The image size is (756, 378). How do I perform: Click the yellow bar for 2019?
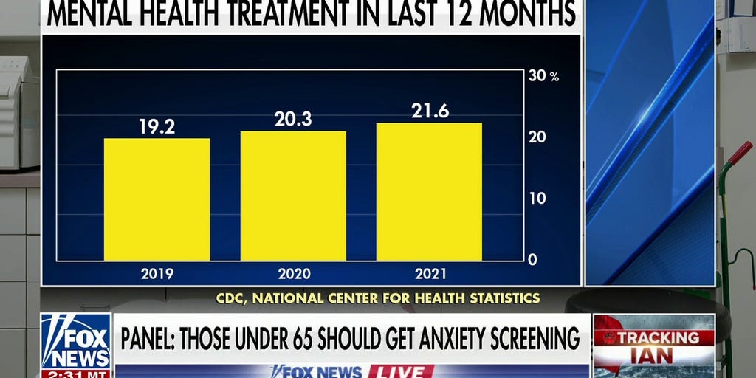point(157,199)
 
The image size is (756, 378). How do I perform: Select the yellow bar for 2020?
point(293,196)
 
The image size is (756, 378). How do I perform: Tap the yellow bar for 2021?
point(429,192)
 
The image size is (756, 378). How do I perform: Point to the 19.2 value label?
point(157,126)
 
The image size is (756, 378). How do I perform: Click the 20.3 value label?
point(293,119)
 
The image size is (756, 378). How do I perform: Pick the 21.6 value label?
point(430,111)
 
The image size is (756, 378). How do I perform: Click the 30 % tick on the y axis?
point(543,76)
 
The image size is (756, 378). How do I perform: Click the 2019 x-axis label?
point(157,274)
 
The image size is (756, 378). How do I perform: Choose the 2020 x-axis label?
point(293,274)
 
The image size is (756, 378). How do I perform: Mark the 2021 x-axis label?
point(429,274)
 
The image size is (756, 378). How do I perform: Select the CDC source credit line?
point(378,298)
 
